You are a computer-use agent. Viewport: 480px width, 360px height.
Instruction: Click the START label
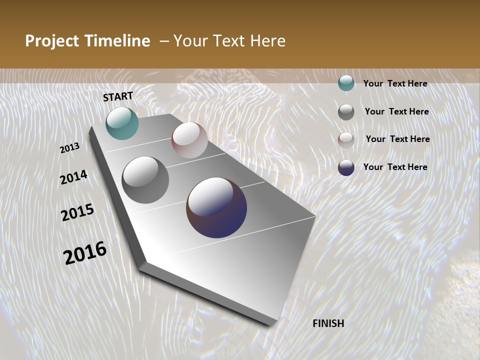(118, 96)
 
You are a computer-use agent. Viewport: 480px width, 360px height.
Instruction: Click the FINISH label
(328, 323)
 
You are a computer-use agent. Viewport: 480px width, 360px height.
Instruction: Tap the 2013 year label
(70, 148)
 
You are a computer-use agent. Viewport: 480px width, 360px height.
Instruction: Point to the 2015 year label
(77, 212)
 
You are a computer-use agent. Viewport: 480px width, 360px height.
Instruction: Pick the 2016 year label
(85, 252)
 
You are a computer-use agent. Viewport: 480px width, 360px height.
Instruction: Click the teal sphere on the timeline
(122, 123)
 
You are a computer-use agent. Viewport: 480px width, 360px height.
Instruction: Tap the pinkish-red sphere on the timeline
(189, 140)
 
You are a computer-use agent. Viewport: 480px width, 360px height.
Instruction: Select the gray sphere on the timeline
(145, 180)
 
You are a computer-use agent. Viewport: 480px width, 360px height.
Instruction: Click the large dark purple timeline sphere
(216, 207)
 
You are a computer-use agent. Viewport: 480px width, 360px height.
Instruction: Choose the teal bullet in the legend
(346, 83)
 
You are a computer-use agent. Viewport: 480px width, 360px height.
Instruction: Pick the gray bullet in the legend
(346, 112)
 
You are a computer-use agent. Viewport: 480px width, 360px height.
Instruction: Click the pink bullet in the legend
(346, 140)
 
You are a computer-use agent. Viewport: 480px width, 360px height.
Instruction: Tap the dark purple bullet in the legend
(346, 167)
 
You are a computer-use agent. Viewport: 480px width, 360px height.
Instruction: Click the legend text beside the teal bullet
(395, 84)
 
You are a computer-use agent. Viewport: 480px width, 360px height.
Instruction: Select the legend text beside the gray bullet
(396, 111)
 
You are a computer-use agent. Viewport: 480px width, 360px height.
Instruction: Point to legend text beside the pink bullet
(397, 139)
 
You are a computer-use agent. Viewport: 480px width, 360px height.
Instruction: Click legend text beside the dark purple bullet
(395, 167)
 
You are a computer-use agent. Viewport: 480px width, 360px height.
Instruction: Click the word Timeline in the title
(117, 41)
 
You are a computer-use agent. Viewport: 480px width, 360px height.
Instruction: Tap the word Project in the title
(52, 41)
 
